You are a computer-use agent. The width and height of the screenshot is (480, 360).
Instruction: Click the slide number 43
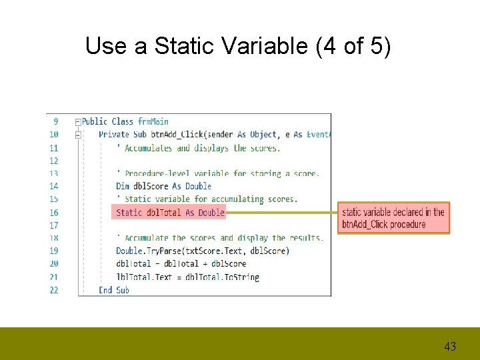tap(450, 346)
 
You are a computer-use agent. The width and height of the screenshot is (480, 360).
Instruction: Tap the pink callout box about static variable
tap(393, 218)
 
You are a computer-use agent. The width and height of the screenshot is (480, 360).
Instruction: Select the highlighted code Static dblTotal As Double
tap(170, 212)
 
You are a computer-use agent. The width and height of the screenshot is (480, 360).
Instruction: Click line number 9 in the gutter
tap(55, 121)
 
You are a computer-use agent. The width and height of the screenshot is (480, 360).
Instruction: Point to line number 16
tap(53, 213)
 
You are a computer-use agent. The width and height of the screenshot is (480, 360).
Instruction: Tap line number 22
tap(53, 290)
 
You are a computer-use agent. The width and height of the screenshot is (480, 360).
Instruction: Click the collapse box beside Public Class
tap(78, 122)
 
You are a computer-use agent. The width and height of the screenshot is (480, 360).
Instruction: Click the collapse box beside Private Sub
tap(78, 134)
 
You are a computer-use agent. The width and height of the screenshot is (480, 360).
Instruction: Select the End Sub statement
tap(114, 290)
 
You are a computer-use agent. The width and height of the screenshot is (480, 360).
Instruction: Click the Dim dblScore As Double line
tap(163, 186)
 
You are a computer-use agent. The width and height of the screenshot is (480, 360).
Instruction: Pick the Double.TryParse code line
tap(203, 251)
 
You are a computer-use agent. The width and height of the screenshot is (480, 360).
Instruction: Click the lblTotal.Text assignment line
tap(187, 277)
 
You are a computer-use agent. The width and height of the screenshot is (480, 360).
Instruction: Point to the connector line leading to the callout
tap(281, 213)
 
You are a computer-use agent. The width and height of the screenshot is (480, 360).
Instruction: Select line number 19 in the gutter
tap(53, 251)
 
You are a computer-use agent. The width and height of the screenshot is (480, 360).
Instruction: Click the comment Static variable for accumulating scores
tap(207, 199)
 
